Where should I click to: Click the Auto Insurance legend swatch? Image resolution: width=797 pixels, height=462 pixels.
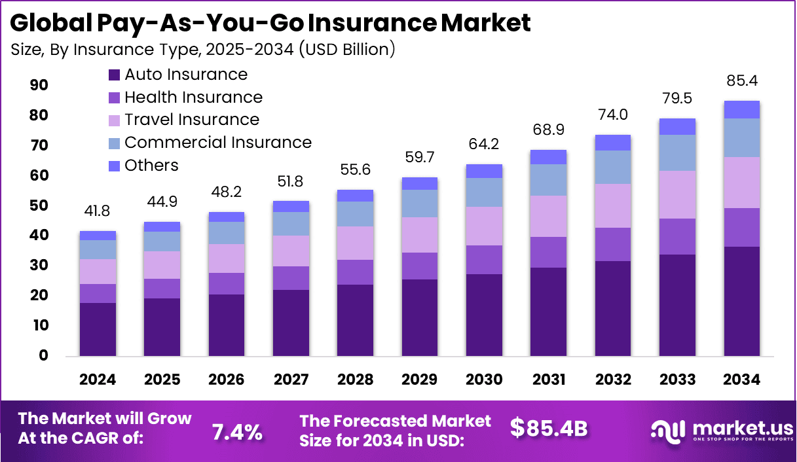pos(115,75)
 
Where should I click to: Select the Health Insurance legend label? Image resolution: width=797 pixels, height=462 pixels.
pos(193,98)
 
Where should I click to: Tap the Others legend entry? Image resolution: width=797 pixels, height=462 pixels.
pos(151,166)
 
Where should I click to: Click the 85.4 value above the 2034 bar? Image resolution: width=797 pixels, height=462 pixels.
pos(741,82)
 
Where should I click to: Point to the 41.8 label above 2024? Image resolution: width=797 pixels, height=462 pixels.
pos(98,212)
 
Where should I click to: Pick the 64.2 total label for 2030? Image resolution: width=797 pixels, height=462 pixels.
pos(484,144)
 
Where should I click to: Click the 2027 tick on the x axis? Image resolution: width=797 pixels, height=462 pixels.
pos(291,380)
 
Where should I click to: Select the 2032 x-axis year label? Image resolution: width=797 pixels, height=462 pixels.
pos(612,380)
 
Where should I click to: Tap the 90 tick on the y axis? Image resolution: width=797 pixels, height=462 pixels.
pos(39,85)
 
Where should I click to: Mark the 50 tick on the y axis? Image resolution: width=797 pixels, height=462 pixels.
pos(39,205)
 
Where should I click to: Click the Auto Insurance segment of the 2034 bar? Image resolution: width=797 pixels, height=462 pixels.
pos(741,301)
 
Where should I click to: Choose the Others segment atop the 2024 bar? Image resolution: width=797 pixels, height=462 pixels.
pos(98,236)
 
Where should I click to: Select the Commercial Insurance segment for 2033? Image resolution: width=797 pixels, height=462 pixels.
pos(677,152)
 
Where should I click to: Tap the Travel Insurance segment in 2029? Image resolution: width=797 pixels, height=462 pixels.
pos(420,235)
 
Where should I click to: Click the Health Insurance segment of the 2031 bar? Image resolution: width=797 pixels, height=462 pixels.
pos(548,252)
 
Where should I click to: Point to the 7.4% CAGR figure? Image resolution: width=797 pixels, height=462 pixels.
pos(237,432)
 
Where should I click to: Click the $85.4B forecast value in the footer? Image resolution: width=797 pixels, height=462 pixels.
pos(549,428)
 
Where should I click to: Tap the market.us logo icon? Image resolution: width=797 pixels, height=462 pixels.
pos(667,431)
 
